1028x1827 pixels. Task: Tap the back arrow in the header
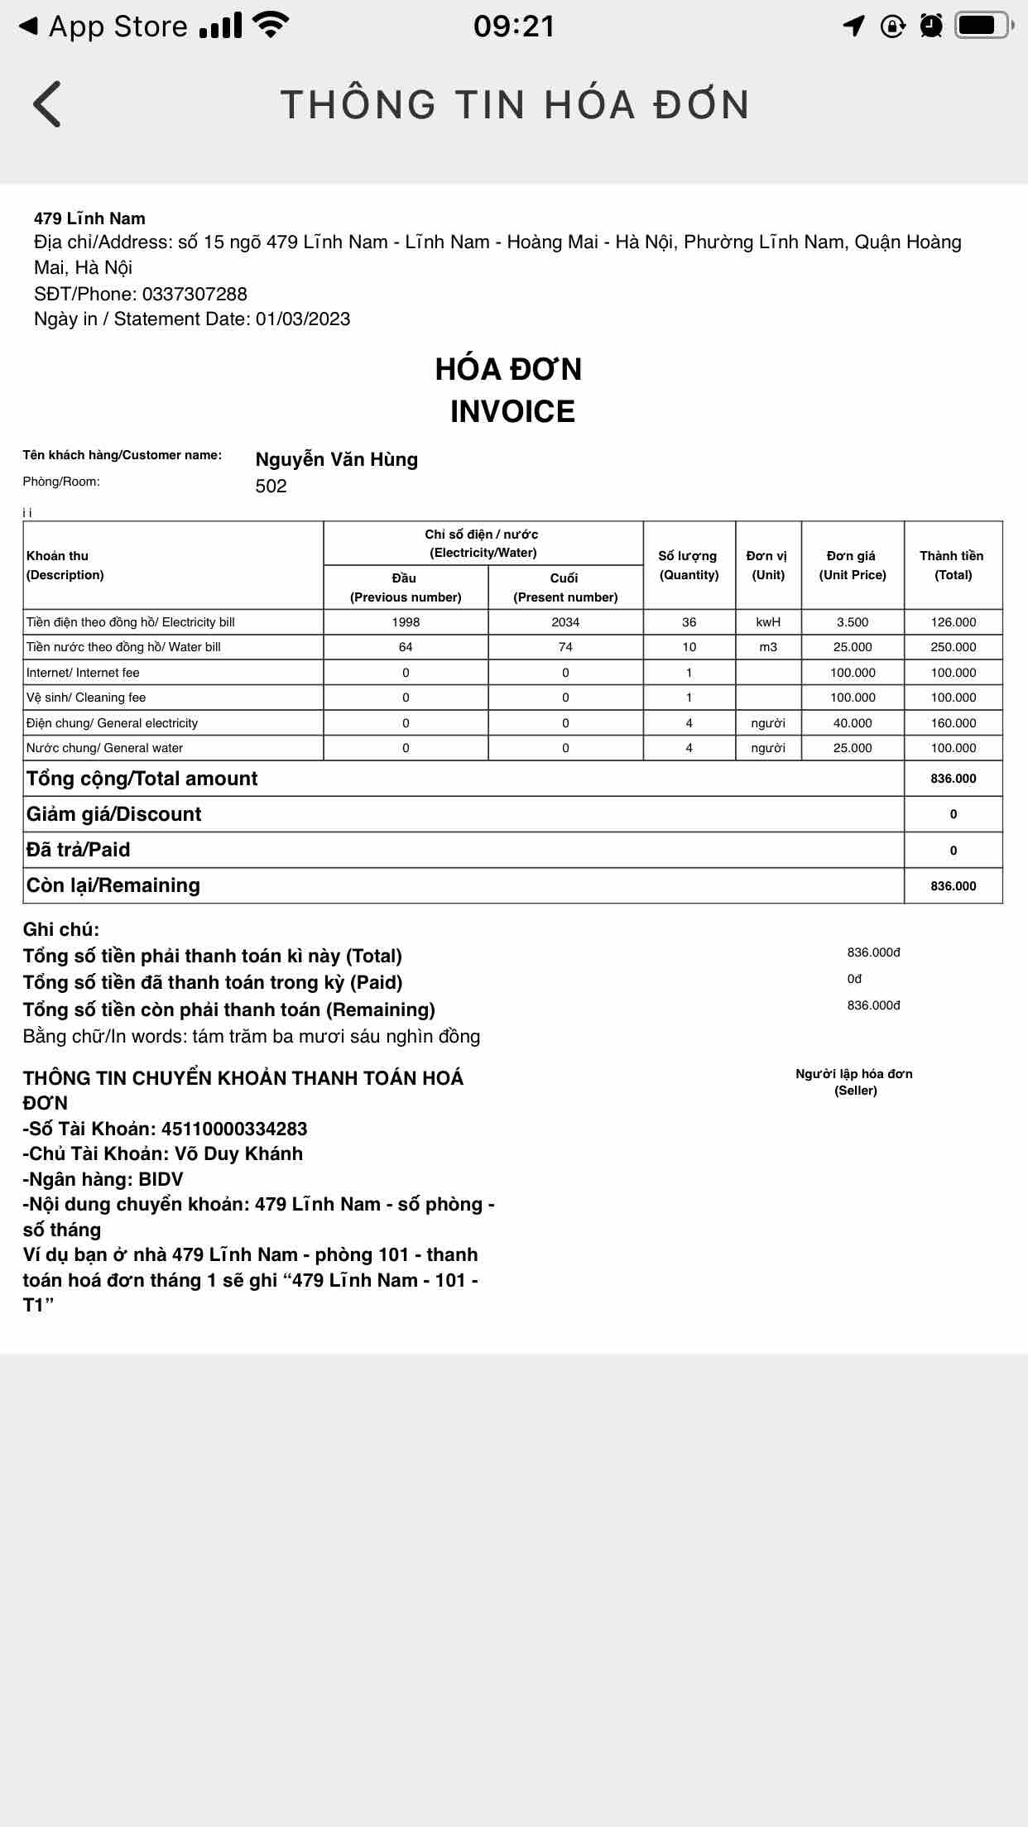(x=47, y=104)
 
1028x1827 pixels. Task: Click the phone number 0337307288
(x=195, y=294)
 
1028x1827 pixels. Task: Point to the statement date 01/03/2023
(x=303, y=319)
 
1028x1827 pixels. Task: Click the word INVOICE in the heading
(x=512, y=412)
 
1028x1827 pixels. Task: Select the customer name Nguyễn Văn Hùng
(x=336, y=459)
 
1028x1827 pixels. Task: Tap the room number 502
(x=271, y=486)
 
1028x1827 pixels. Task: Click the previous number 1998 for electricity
(x=406, y=622)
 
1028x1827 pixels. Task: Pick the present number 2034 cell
(x=565, y=622)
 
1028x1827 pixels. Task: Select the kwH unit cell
(x=768, y=622)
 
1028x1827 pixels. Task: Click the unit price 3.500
(x=853, y=622)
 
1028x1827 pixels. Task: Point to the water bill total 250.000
(x=954, y=647)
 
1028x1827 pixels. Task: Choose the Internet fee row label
(x=83, y=673)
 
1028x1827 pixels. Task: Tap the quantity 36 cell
(x=689, y=622)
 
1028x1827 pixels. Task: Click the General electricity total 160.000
(x=954, y=723)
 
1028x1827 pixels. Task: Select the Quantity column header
(x=689, y=565)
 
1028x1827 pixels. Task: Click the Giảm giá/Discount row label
(x=114, y=814)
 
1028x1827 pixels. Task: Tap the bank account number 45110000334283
(x=234, y=1129)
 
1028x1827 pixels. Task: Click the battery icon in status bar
(x=983, y=26)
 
